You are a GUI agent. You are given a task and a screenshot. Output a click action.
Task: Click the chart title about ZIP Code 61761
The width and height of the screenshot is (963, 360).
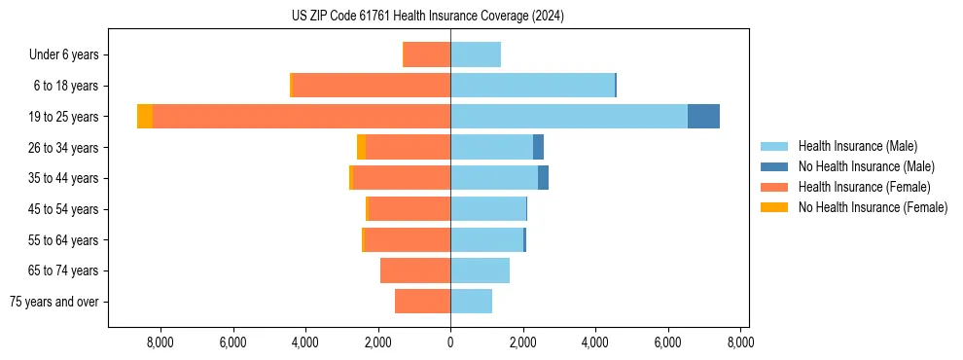[427, 17]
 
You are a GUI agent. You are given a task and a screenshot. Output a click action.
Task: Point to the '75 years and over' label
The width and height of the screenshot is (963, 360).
[54, 302]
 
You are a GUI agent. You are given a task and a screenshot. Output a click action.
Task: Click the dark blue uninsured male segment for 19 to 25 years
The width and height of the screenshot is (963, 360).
[703, 117]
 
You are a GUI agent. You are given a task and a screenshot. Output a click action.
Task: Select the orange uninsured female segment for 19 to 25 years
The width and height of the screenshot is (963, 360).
[145, 117]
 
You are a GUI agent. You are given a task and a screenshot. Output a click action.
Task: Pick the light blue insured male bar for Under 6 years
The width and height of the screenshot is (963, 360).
[476, 54]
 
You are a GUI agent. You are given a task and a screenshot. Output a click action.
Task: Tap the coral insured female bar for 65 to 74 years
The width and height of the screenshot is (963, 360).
[415, 270]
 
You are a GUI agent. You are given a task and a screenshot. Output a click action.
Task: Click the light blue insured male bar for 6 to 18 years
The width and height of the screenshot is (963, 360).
[532, 86]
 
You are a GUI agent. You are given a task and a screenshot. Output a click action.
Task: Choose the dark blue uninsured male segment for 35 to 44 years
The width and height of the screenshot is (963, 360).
[543, 178]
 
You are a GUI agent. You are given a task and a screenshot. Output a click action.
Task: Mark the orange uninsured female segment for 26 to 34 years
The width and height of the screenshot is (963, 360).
[361, 147]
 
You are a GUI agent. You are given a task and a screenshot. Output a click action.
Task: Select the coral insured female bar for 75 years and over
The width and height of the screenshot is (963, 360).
[422, 302]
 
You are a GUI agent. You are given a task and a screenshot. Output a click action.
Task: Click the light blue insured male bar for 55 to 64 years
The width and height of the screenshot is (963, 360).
[486, 239]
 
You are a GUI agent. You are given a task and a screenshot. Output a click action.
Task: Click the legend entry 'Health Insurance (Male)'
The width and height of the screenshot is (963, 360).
[857, 146]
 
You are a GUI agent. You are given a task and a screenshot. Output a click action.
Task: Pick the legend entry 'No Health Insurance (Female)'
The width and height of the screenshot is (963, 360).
[873, 207]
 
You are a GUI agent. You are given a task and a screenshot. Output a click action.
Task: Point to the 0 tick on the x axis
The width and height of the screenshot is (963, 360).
[450, 342]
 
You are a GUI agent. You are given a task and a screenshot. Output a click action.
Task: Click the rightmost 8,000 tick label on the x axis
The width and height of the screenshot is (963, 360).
[740, 342]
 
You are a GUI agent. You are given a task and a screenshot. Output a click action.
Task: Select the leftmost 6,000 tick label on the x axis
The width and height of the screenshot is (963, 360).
[232, 342]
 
